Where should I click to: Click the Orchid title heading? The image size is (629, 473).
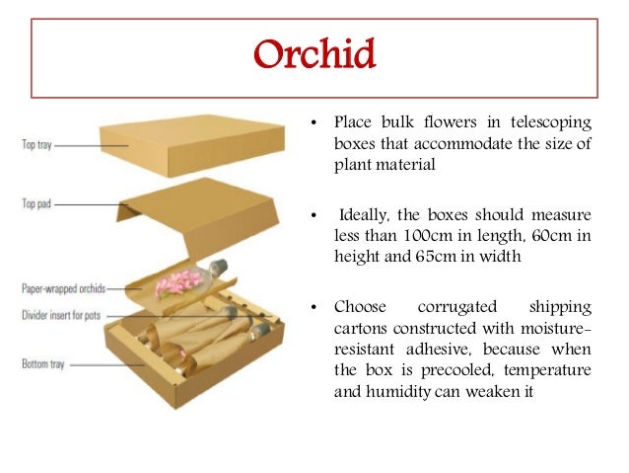[314, 55]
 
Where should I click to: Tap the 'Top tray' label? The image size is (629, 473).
[37, 145]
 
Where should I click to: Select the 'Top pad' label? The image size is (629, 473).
[36, 204]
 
